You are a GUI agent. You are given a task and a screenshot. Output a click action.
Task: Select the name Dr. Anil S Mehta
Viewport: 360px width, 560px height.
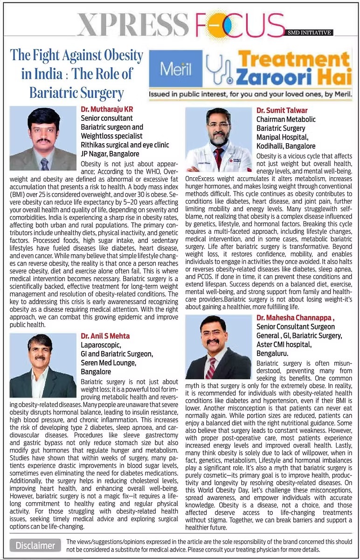pos(105,336)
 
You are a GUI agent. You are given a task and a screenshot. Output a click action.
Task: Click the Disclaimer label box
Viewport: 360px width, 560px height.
pos(35,545)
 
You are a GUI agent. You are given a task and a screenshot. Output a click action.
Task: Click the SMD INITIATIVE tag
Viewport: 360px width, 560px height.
pos(310,33)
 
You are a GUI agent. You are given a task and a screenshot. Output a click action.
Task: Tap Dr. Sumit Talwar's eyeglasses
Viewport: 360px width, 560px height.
pos(218,125)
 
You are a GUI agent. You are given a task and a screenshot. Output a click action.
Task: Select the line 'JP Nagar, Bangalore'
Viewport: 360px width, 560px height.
pos(110,154)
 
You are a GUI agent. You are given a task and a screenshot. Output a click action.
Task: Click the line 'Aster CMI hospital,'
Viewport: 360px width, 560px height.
pos(285,344)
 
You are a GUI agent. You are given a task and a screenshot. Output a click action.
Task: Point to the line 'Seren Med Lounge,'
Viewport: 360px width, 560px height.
pos(108,363)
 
